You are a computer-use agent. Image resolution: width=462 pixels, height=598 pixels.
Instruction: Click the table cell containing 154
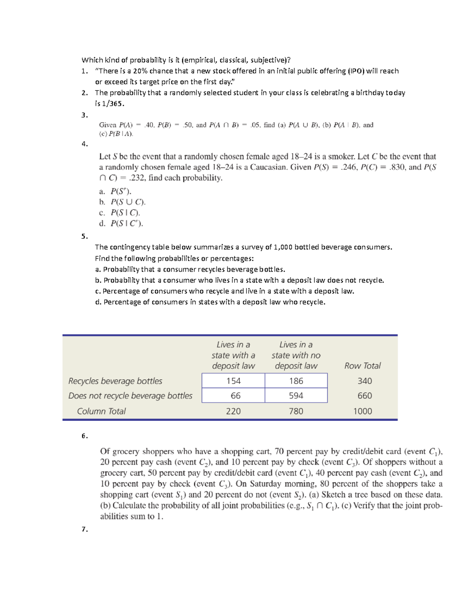coord(233,381)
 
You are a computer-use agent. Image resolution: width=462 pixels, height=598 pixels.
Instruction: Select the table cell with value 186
coord(296,381)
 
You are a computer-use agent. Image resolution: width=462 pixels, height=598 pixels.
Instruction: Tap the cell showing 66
coord(235,396)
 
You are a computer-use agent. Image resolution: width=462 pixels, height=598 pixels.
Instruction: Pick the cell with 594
coord(296,396)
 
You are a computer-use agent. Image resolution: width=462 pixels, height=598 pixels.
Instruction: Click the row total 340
coord(365,381)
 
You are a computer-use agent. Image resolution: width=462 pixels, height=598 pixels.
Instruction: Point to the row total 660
coord(365,396)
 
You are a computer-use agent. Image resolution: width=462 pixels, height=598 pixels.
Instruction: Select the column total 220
coord(233,411)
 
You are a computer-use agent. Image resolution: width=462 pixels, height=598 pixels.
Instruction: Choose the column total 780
coord(296,411)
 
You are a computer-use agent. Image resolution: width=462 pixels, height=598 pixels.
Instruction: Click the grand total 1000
coord(363,411)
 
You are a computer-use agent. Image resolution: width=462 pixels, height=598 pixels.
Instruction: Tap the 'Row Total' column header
coord(362,366)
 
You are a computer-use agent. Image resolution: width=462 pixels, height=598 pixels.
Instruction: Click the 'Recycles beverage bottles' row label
coord(115,381)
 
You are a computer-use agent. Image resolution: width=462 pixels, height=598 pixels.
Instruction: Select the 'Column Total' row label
coord(101,411)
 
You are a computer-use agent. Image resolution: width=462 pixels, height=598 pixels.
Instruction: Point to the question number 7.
coord(85,529)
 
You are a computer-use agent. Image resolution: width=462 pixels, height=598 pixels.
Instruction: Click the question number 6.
coord(85,436)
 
